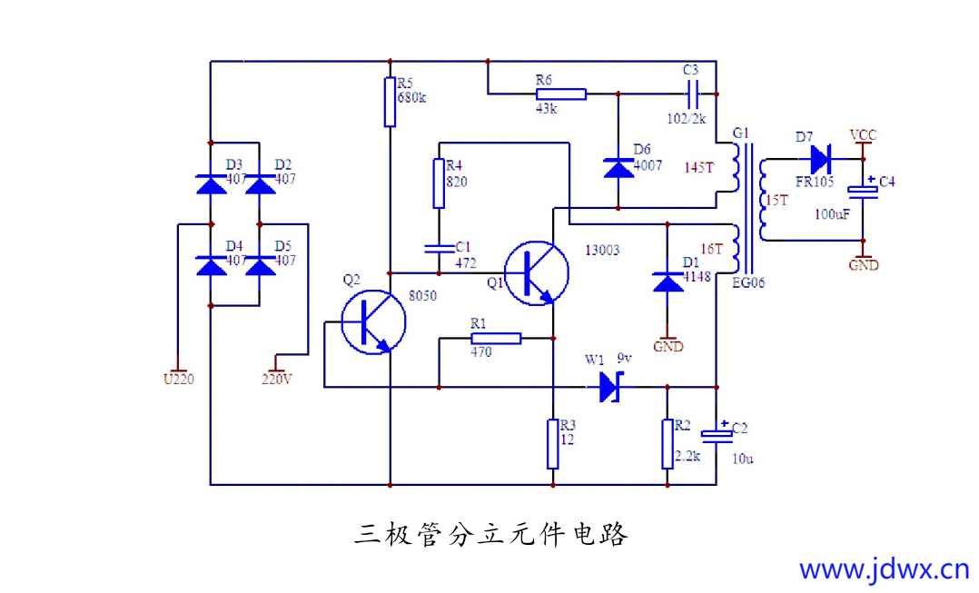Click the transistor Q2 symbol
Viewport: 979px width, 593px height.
point(373,324)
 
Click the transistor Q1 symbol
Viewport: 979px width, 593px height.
point(537,272)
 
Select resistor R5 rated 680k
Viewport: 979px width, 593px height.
point(390,102)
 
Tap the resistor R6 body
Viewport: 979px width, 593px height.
point(560,93)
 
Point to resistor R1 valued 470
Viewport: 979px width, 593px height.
point(496,339)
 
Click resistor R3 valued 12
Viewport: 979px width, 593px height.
point(552,443)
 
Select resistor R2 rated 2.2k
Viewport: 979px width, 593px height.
point(667,443)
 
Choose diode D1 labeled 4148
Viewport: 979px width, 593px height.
point(667,282)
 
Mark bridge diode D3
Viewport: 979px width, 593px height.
point(211,185)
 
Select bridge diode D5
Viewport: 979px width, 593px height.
point(261,266)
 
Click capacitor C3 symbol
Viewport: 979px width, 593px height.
point(692,93)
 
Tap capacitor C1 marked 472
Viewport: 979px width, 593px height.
point(439,246)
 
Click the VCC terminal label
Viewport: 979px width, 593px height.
point(863,135)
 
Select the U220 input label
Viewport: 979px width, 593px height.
point(178,379)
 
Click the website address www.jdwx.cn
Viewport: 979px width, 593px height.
point(884,569)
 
